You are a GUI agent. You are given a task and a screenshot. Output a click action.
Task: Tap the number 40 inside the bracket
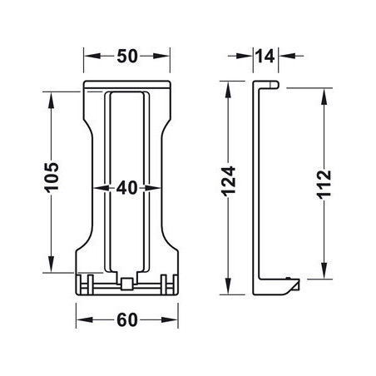[127, 188]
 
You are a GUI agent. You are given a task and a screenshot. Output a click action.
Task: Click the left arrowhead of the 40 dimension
[102, 188]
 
